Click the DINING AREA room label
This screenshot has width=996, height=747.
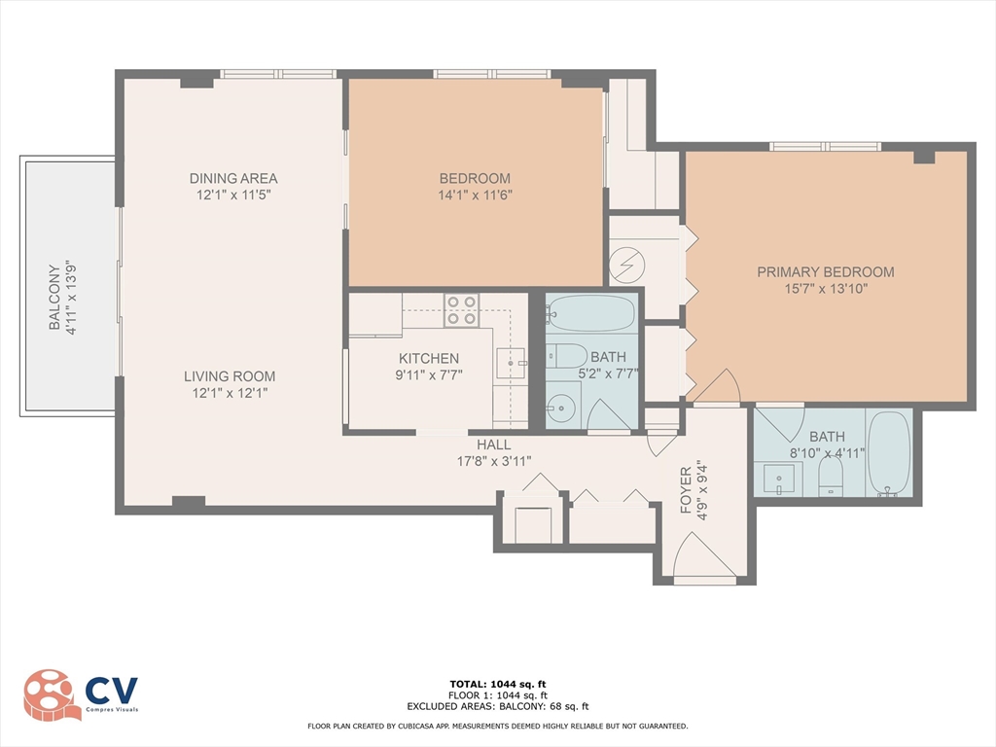[x=232, y=178]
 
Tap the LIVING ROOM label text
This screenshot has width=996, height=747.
[x=230, y=376]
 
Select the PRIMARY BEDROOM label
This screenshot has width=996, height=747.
[x=825, y=272]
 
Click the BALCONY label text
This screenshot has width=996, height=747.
[x=54, y=295]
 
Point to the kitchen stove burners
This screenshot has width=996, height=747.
[x=461, y=310]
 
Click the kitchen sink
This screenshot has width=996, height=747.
[x=510, y=363]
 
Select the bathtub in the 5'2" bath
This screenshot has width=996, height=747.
[x=590, y=314]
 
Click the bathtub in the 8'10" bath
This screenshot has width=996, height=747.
[x=888, y=454]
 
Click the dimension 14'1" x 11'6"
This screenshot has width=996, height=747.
[x=475, y=195]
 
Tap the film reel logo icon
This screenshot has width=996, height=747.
[x=52, y=694]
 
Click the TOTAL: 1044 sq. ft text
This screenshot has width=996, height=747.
[x=498, y=684]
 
